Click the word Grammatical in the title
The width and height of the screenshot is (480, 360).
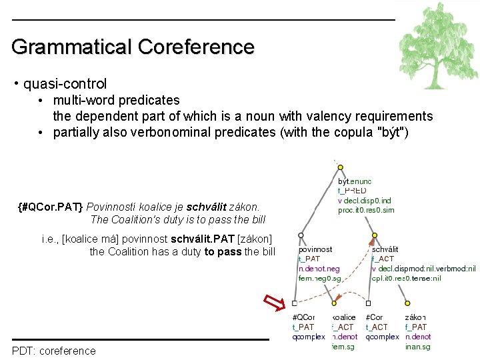(71, 47)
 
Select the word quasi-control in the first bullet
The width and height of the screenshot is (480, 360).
(65, 84)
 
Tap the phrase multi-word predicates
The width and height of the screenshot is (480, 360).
(117, 101)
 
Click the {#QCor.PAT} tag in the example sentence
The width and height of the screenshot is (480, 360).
(51, 207)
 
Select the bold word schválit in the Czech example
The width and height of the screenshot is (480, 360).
(207, 207)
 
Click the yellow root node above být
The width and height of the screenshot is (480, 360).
(340, 167)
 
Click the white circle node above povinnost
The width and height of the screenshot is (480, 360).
(301, 235)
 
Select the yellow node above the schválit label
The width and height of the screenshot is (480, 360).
(375, 235)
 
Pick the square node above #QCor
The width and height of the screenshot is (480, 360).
(294, 303)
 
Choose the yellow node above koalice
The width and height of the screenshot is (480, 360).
(334, 303)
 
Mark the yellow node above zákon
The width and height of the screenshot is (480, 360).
(407, 303)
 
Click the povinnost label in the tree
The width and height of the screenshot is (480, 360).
(315, 249)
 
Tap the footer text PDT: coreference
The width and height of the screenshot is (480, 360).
(53, 351)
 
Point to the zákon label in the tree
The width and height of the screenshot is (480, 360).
(415, 317)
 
